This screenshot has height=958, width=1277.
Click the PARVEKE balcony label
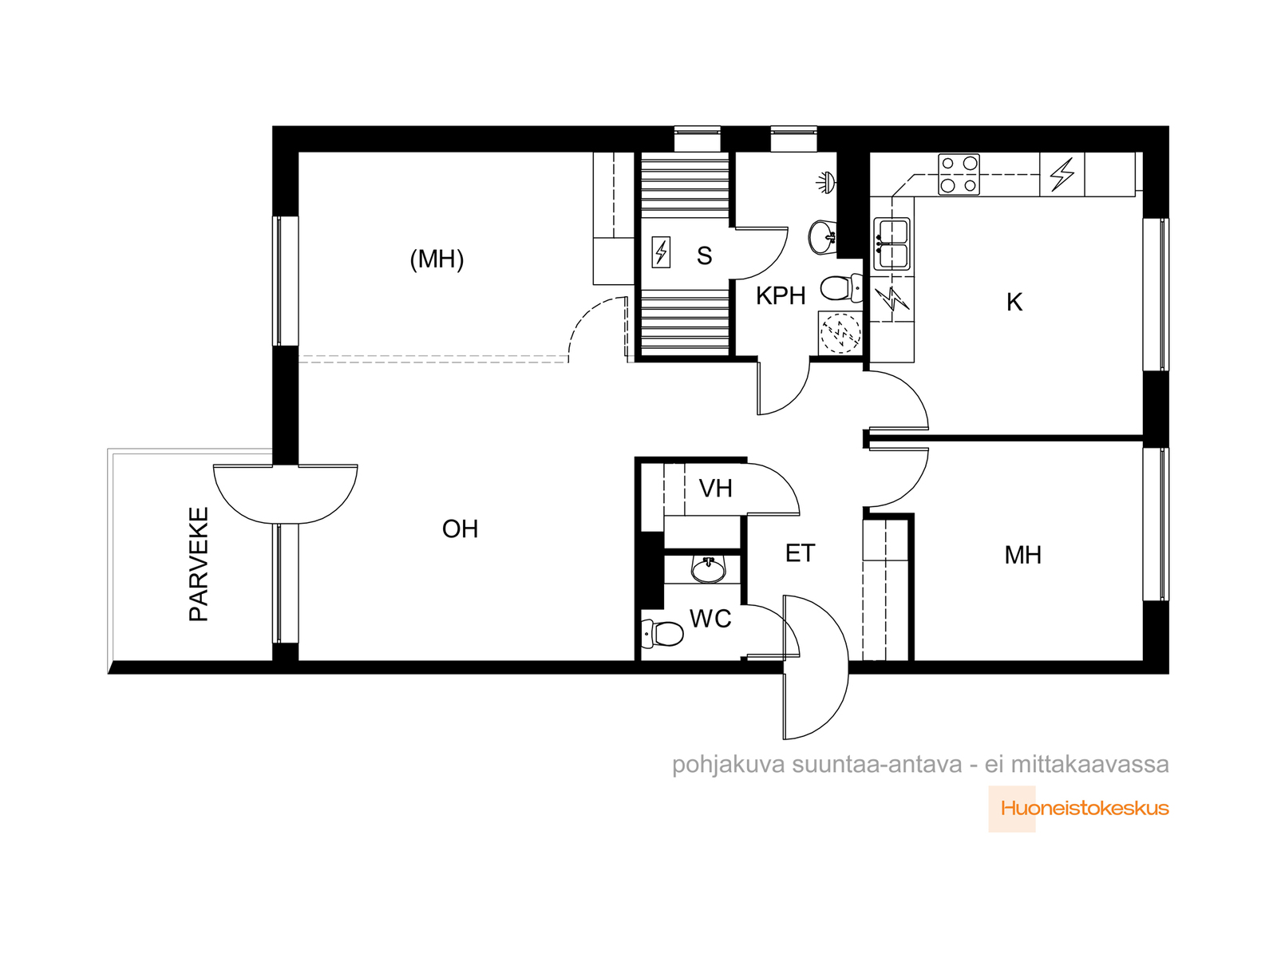tap(199, 564)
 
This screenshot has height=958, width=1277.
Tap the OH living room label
tap(460, 528)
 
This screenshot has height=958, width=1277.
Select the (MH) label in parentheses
tap(437, 259)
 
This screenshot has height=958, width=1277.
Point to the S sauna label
tap(704, 256)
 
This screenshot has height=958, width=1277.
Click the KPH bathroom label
tap(780, 296)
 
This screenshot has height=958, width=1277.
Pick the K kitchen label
tap(1014, 303)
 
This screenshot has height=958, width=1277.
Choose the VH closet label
tap(715, 489)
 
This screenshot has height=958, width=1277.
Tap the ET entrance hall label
tap(800, 553)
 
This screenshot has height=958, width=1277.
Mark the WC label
tap(710, 618)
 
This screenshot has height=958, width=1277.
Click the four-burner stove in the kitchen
tap(959, 174)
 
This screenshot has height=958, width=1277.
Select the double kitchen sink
tap(892, 244)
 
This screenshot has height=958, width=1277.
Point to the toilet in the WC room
tap(662, 633)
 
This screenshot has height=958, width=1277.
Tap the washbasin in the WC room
tap(708, 569)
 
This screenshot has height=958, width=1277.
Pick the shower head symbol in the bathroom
tap(826, 182)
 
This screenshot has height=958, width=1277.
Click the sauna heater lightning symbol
tap(661, 252)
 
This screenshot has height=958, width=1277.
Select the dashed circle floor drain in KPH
tap(840, 333)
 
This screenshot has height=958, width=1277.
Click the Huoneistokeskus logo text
tap(1085, 809)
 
